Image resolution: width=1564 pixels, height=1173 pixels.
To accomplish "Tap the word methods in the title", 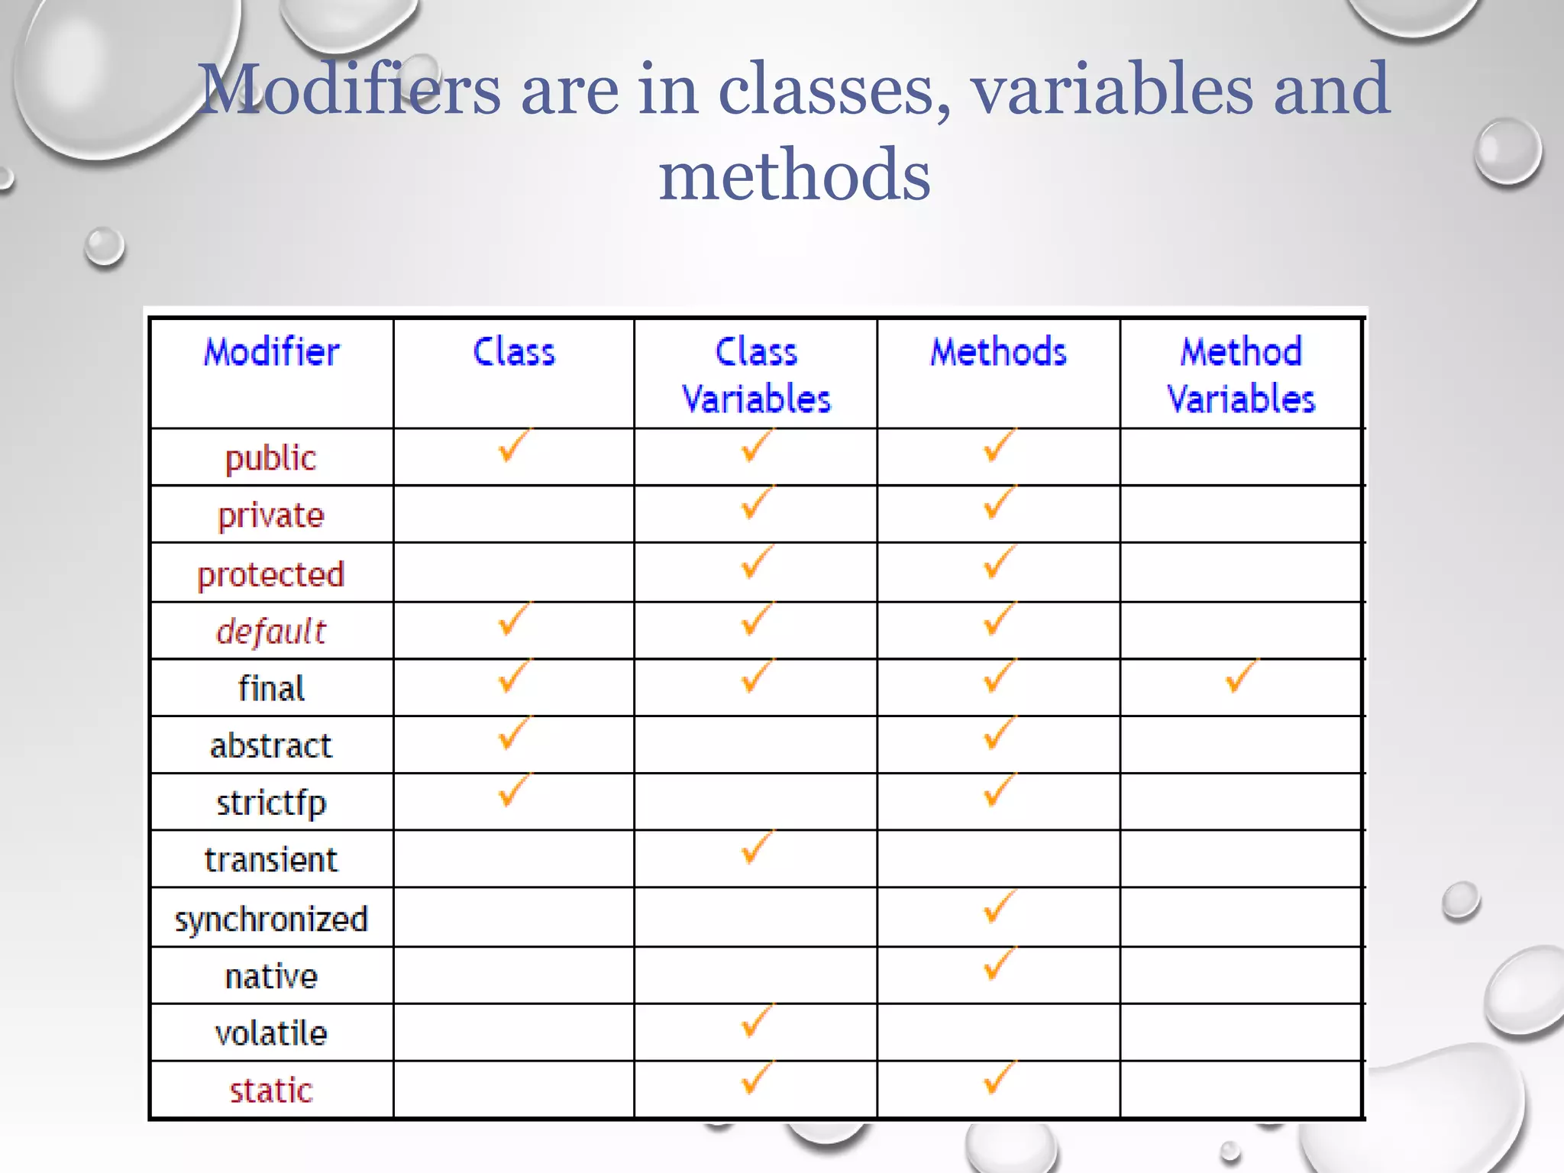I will point(794,176).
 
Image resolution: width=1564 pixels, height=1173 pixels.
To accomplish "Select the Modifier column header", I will point(271,353).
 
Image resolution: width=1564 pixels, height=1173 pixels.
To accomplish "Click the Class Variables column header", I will point(756,375).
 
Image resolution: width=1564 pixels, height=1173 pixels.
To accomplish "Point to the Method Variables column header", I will point(1241,375).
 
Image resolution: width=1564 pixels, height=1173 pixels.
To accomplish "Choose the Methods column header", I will point(998,353).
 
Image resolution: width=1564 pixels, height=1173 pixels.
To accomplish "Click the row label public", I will point(270,458).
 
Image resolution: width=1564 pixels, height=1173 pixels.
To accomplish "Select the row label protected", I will point(271,574).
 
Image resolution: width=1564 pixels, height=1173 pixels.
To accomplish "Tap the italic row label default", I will point(271,632).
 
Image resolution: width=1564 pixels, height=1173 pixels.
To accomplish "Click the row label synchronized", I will point(271,919).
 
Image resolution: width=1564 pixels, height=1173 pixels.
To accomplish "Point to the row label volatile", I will point(271,1033).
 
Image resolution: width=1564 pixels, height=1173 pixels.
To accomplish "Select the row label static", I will point(271,1091).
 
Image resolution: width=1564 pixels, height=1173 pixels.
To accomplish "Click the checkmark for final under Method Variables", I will point(1240,675).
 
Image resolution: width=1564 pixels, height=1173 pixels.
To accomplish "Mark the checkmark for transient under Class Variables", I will point(756,847).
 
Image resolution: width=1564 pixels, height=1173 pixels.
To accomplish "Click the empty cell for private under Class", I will point(513,514).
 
